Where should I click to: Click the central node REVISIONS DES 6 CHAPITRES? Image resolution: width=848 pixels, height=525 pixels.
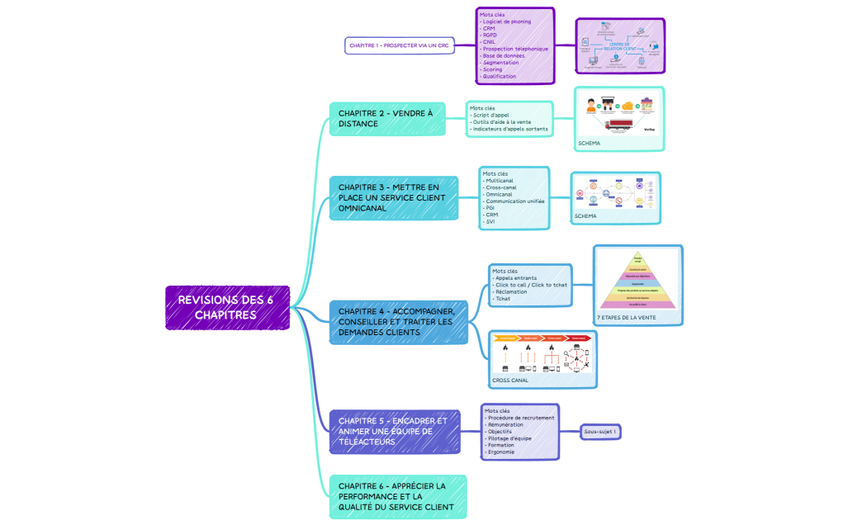227,307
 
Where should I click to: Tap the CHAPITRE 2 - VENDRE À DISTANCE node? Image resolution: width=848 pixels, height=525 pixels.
386,118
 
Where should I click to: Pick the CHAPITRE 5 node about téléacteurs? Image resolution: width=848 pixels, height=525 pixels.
395,431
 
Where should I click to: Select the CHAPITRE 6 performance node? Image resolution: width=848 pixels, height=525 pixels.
397,496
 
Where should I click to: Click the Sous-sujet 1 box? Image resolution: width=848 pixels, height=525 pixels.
600,432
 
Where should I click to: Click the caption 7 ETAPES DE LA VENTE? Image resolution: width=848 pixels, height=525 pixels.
626,317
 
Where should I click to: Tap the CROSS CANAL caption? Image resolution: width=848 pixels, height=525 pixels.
512,381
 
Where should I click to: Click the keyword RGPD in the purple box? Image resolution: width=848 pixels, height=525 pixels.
489,35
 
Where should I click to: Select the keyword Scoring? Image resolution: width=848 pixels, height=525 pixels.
493,69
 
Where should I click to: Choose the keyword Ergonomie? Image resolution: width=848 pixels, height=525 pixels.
501,452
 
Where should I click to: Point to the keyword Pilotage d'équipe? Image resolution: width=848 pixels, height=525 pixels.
509,438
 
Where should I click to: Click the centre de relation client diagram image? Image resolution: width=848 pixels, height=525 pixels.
620,45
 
